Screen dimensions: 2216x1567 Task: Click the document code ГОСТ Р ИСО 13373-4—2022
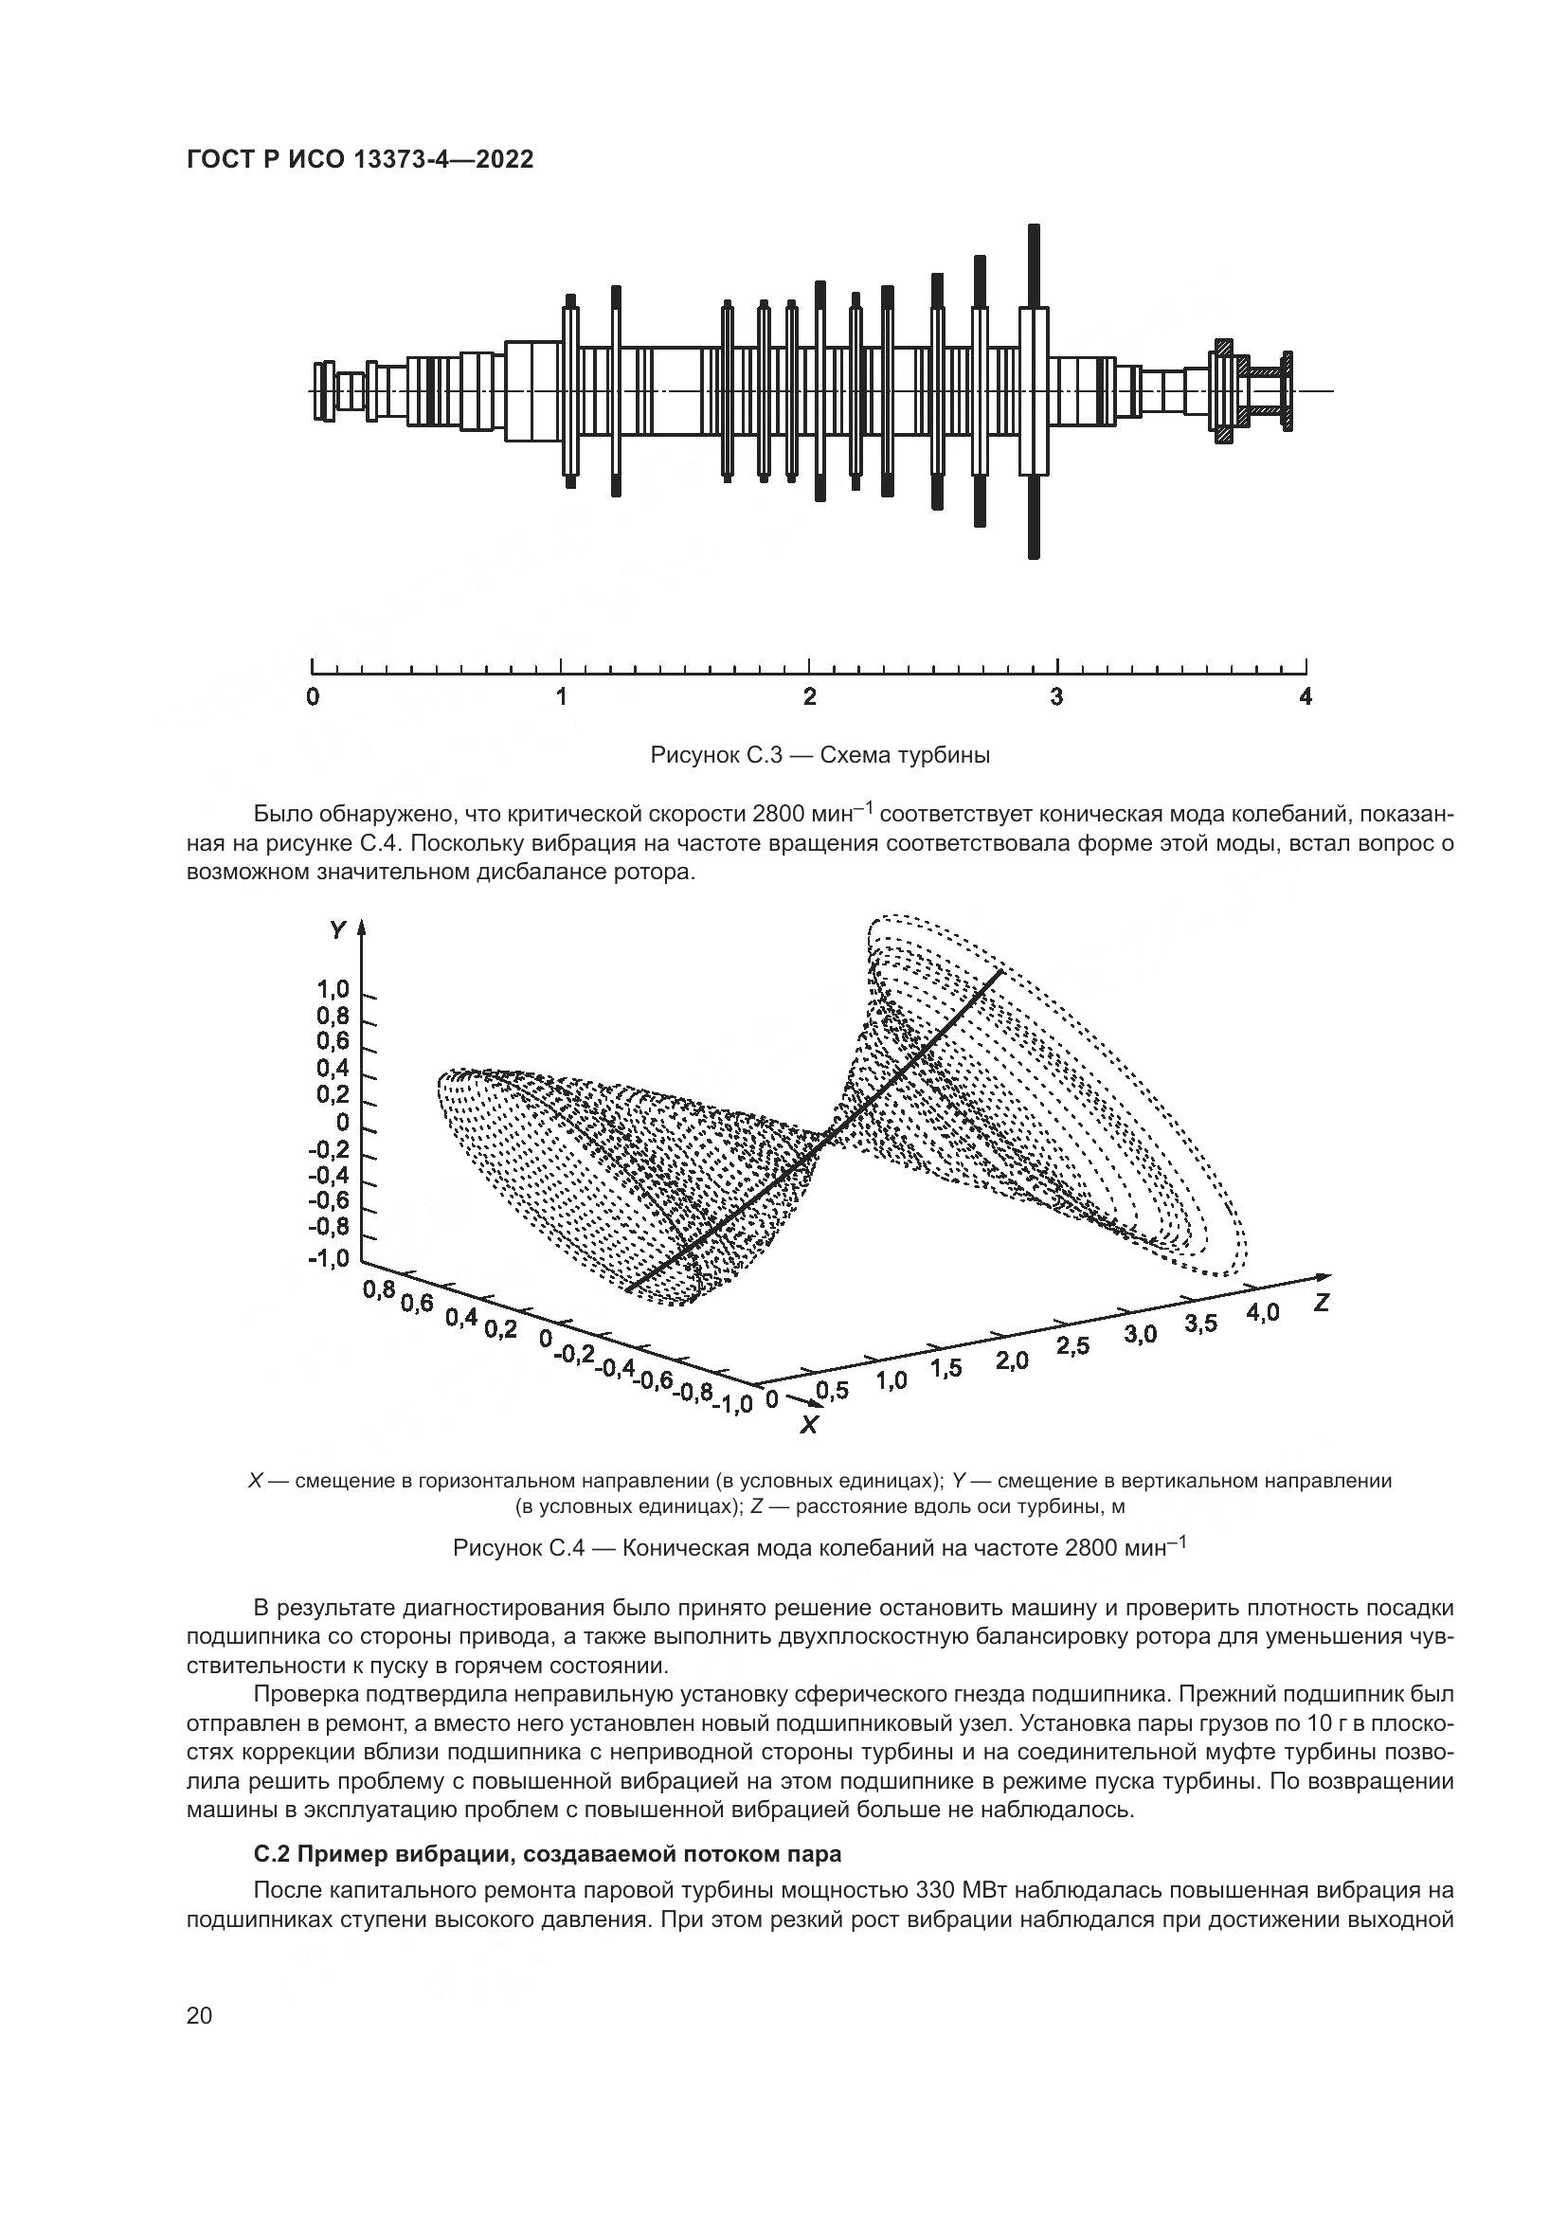(x=359, y=160)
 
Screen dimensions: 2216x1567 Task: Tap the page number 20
(x=200, y=2016)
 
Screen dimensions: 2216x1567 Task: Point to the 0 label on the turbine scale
(x=313, y=697)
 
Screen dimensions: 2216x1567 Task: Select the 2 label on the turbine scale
(x=809, y=697)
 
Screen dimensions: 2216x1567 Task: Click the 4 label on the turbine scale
(x=1306, y=697)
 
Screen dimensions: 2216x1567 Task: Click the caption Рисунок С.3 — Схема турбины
(x=820, y=756)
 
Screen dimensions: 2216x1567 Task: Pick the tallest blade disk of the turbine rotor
(x=1035, y=391)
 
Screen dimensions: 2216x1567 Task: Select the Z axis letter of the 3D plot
(x=1322, y=1303)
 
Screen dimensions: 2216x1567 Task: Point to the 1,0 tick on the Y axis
(x=332, y=990)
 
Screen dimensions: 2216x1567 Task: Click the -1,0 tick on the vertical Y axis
(x=328, y=1260)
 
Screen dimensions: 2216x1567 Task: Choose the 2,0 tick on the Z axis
(x=1012, y=1361)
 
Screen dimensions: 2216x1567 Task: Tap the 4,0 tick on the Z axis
(x=1262, y=1312)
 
